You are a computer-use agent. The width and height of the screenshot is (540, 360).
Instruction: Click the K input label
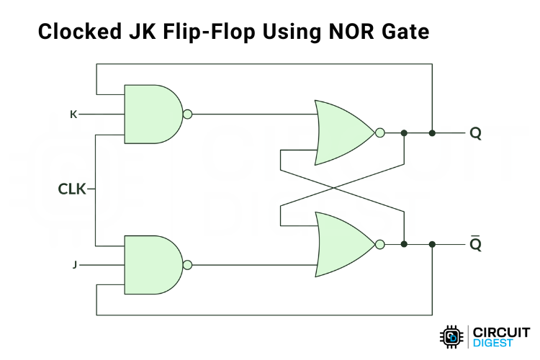[74, 114]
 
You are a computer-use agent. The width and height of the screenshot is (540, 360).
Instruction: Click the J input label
[74, 265]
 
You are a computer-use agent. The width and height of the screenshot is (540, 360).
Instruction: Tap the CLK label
[72, 189]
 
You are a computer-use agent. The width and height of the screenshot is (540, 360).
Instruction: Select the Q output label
[475, 133]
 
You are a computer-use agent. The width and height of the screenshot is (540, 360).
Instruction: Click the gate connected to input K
[153, 114]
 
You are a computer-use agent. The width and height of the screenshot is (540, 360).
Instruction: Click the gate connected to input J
[153, 264]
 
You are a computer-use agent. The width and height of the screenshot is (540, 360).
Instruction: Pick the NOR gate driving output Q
[343, 132]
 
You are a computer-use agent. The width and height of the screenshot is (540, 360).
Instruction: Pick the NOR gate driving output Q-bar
[343, 243]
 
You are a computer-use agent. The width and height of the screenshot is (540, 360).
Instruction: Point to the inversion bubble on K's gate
[188, 114]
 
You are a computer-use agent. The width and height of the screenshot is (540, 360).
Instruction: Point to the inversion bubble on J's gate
[188, 264]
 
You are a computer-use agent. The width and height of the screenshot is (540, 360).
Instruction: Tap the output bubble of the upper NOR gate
[379, 132]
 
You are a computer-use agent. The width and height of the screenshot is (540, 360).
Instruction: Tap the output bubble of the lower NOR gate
[379, 243]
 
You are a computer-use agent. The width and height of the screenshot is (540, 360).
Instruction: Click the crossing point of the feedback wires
[332, 188]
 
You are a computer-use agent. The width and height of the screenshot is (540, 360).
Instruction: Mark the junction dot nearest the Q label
[432, 133]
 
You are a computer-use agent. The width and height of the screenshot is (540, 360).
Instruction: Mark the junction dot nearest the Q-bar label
[432, 244]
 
